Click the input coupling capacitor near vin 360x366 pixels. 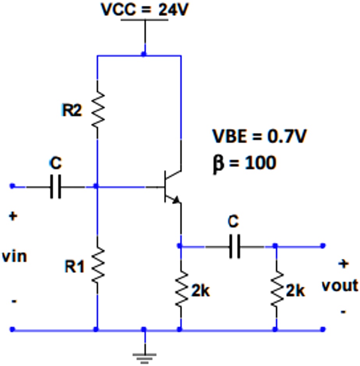[x=56, y=187]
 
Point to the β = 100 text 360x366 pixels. [x=244, y=163]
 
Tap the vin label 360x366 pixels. [x=14, y=257]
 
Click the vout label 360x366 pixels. [x=339, y=285]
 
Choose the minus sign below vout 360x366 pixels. [x=343, y=311]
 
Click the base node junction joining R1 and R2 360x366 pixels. [x=97, y=187]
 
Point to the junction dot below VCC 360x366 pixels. [x=144, y=55]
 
